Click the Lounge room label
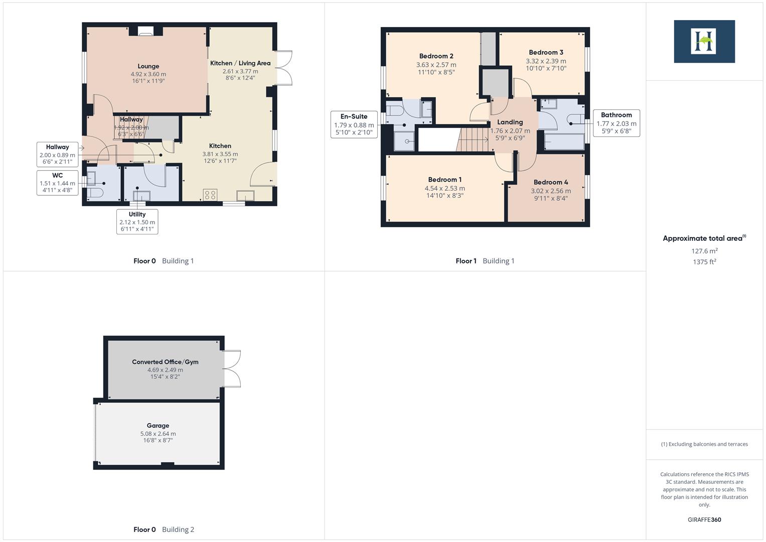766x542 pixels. point(148,66)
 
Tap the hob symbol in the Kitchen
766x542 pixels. point(210,195)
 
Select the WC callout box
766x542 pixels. point(57,183)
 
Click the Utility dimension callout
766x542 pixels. point(137,221)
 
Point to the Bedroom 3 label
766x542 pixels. point(546,52)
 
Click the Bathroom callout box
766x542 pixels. point(616,123)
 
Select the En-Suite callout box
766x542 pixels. point(354,124)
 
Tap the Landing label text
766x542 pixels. point(510,122)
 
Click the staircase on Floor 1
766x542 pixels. point(473,139)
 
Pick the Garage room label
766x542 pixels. point(158,426)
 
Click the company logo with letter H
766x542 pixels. point(704,41)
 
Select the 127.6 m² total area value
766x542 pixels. point(704,251)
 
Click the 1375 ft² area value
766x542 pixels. point(704,262)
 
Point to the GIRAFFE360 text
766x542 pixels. point(704,519)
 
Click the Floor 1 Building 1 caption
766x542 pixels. point(485,261)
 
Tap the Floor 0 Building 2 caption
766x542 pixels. point(164,529)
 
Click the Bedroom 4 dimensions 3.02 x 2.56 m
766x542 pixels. point(550,191)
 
